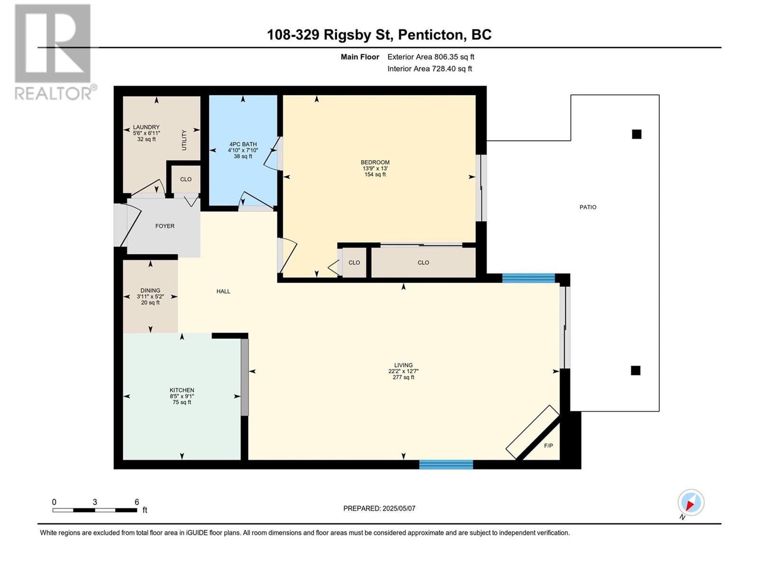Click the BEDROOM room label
[375, 162]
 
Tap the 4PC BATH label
[243, 144]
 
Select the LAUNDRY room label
[146, 127]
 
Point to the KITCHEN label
[182, 390]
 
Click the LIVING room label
[403, 365]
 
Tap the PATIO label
[588, 207]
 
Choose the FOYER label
[165, 226]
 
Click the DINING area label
[150, 291]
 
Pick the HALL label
[223, 291]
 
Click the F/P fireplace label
[548, 446]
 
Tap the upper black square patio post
[637, 134]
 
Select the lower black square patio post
[636, 370]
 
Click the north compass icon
[691, 503]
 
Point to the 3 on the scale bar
[95, 502]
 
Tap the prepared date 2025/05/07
[398, 508]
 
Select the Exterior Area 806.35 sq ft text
[431, 57]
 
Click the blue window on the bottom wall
[446, 465]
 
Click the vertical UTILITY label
[185, 140]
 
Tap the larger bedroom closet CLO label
[423, 263]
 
